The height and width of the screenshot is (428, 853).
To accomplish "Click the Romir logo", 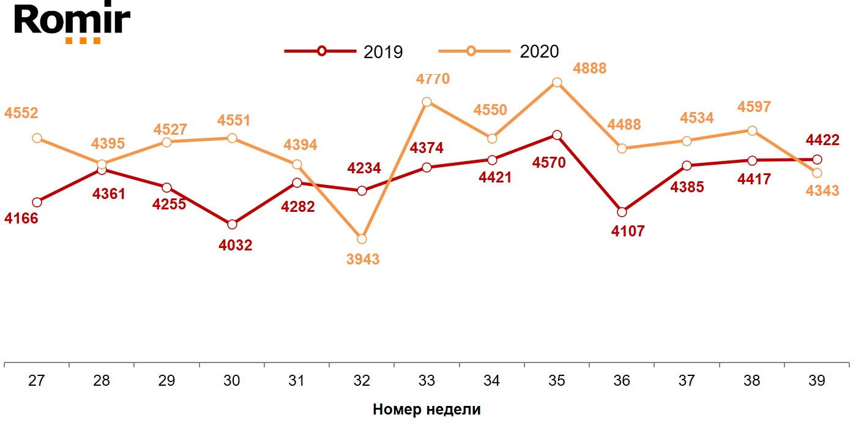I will point(72,23).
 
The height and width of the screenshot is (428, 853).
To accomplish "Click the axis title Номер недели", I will point(426,410).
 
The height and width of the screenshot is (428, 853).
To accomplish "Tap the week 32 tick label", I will point(362,381).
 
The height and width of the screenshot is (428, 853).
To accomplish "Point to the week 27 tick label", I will point(37,381).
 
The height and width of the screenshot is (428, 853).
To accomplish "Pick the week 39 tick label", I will point(816,381).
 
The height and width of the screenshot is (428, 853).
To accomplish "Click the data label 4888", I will point(589,69).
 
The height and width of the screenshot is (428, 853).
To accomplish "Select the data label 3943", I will point(363,260).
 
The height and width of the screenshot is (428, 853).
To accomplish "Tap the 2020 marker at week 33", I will point(427,102).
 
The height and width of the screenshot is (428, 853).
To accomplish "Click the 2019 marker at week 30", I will point(232,225).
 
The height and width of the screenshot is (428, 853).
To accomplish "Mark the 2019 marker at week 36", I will point(622,212).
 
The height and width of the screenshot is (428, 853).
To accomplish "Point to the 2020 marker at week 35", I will point(557,83).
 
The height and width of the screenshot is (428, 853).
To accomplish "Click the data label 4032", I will point(236,246).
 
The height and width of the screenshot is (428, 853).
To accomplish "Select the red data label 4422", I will point(822,141).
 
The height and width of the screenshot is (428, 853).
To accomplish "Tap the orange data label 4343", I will point(822,192).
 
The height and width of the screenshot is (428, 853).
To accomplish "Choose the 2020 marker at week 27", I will point(37,138).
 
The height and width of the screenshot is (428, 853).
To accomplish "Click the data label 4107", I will point(628,232).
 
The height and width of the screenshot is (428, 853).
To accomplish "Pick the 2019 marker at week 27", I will point(37,202).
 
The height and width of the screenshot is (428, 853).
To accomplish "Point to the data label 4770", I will point(433,79).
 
